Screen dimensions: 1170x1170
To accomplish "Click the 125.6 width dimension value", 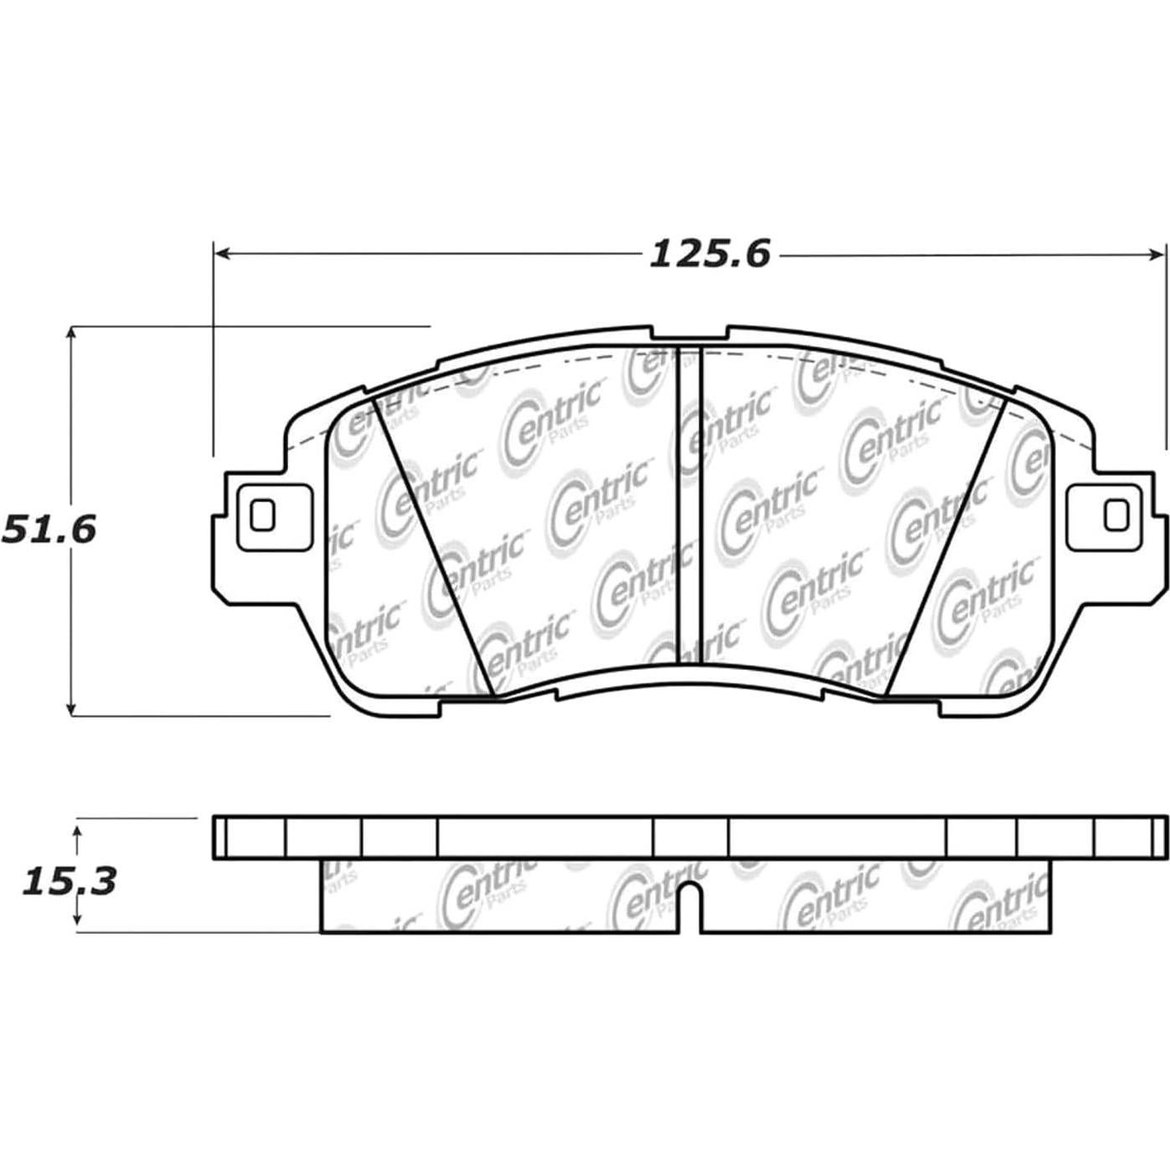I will [709, 253].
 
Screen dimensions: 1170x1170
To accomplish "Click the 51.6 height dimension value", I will [49, 529].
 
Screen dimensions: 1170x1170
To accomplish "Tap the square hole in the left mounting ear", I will [263, 515].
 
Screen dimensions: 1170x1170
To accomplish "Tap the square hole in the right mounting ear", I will [1116, 515].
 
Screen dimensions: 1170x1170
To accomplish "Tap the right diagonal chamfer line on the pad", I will [946, 549].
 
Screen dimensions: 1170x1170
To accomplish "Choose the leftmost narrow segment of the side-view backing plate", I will [220, 836].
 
